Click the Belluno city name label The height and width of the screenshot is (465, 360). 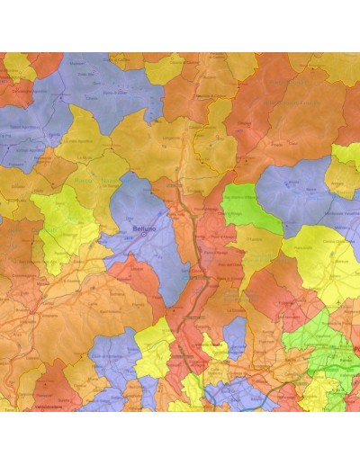[143, 230]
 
